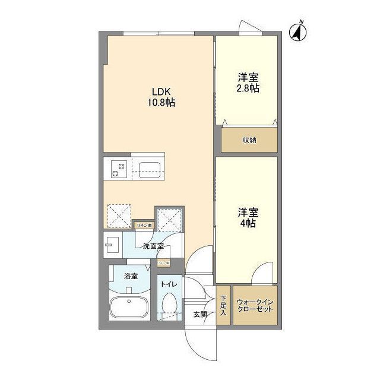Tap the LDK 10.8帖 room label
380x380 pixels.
(161, 97)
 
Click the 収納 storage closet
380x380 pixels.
(249, 140)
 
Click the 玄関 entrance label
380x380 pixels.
(200, 314)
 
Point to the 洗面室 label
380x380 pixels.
(153, 246)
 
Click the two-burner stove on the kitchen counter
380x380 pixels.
(116, 169)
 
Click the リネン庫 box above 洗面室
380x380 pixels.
(144, 225)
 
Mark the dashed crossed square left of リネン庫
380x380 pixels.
(119, 216)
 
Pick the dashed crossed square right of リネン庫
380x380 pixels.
(169, 220)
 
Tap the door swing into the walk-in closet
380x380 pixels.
(261, 274)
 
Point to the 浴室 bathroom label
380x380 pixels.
(131, 276)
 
